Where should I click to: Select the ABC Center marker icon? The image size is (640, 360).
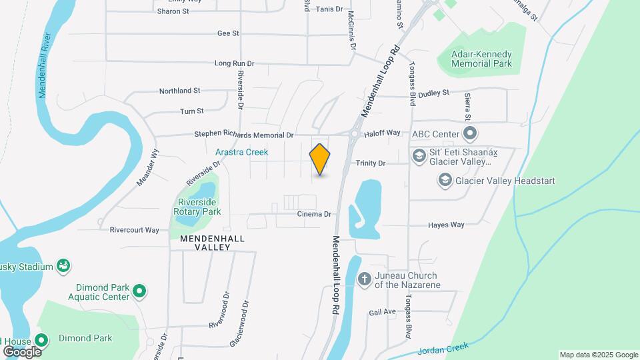tap(469, 135)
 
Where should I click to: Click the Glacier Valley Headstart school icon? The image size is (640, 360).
tap(445, 180)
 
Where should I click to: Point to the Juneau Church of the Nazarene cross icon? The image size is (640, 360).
tap(365, 279)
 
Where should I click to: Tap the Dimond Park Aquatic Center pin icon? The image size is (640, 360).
tap(139, 291)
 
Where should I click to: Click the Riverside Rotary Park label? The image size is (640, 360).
tap(197, 207)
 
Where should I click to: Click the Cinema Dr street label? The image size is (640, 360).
tap(315, 214)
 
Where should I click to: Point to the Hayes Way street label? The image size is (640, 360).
tap(446, 225)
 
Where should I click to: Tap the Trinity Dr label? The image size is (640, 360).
tap(371, 163)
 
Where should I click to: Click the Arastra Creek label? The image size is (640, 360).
tap(241, 152)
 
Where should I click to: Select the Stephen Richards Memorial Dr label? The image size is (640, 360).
tap(244, 135)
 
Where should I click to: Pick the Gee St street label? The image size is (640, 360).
tap(228, 33)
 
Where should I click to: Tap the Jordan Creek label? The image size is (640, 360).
tap(444, 348)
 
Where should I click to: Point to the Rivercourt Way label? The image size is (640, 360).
tap(135, 230)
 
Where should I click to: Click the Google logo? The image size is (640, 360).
tap(22, 351)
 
